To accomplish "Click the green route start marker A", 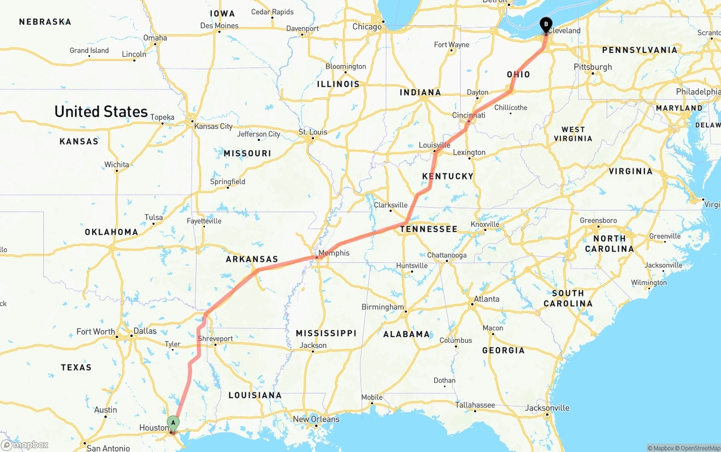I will (173, 422).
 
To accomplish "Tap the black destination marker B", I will (546, 24).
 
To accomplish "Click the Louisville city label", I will (434, 145).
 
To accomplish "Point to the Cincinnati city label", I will (469, 115).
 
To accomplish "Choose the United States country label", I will (101, 111).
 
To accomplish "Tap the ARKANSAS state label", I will (252, 259).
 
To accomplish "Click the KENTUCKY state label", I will (448, 177).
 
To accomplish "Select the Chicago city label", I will (367, 26).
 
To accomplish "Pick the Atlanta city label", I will (487, 299).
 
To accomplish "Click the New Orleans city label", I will (316, 419).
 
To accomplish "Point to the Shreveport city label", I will (215, 339).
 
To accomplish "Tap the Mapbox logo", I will (25, 445).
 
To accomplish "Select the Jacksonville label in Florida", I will (547, 408).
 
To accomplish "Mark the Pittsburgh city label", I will (593, 67).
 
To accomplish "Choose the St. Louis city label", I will (313, 132).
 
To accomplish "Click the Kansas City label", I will (213, 126).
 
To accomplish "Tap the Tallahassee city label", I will (475, 405).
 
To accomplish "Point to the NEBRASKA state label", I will (45, 22).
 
